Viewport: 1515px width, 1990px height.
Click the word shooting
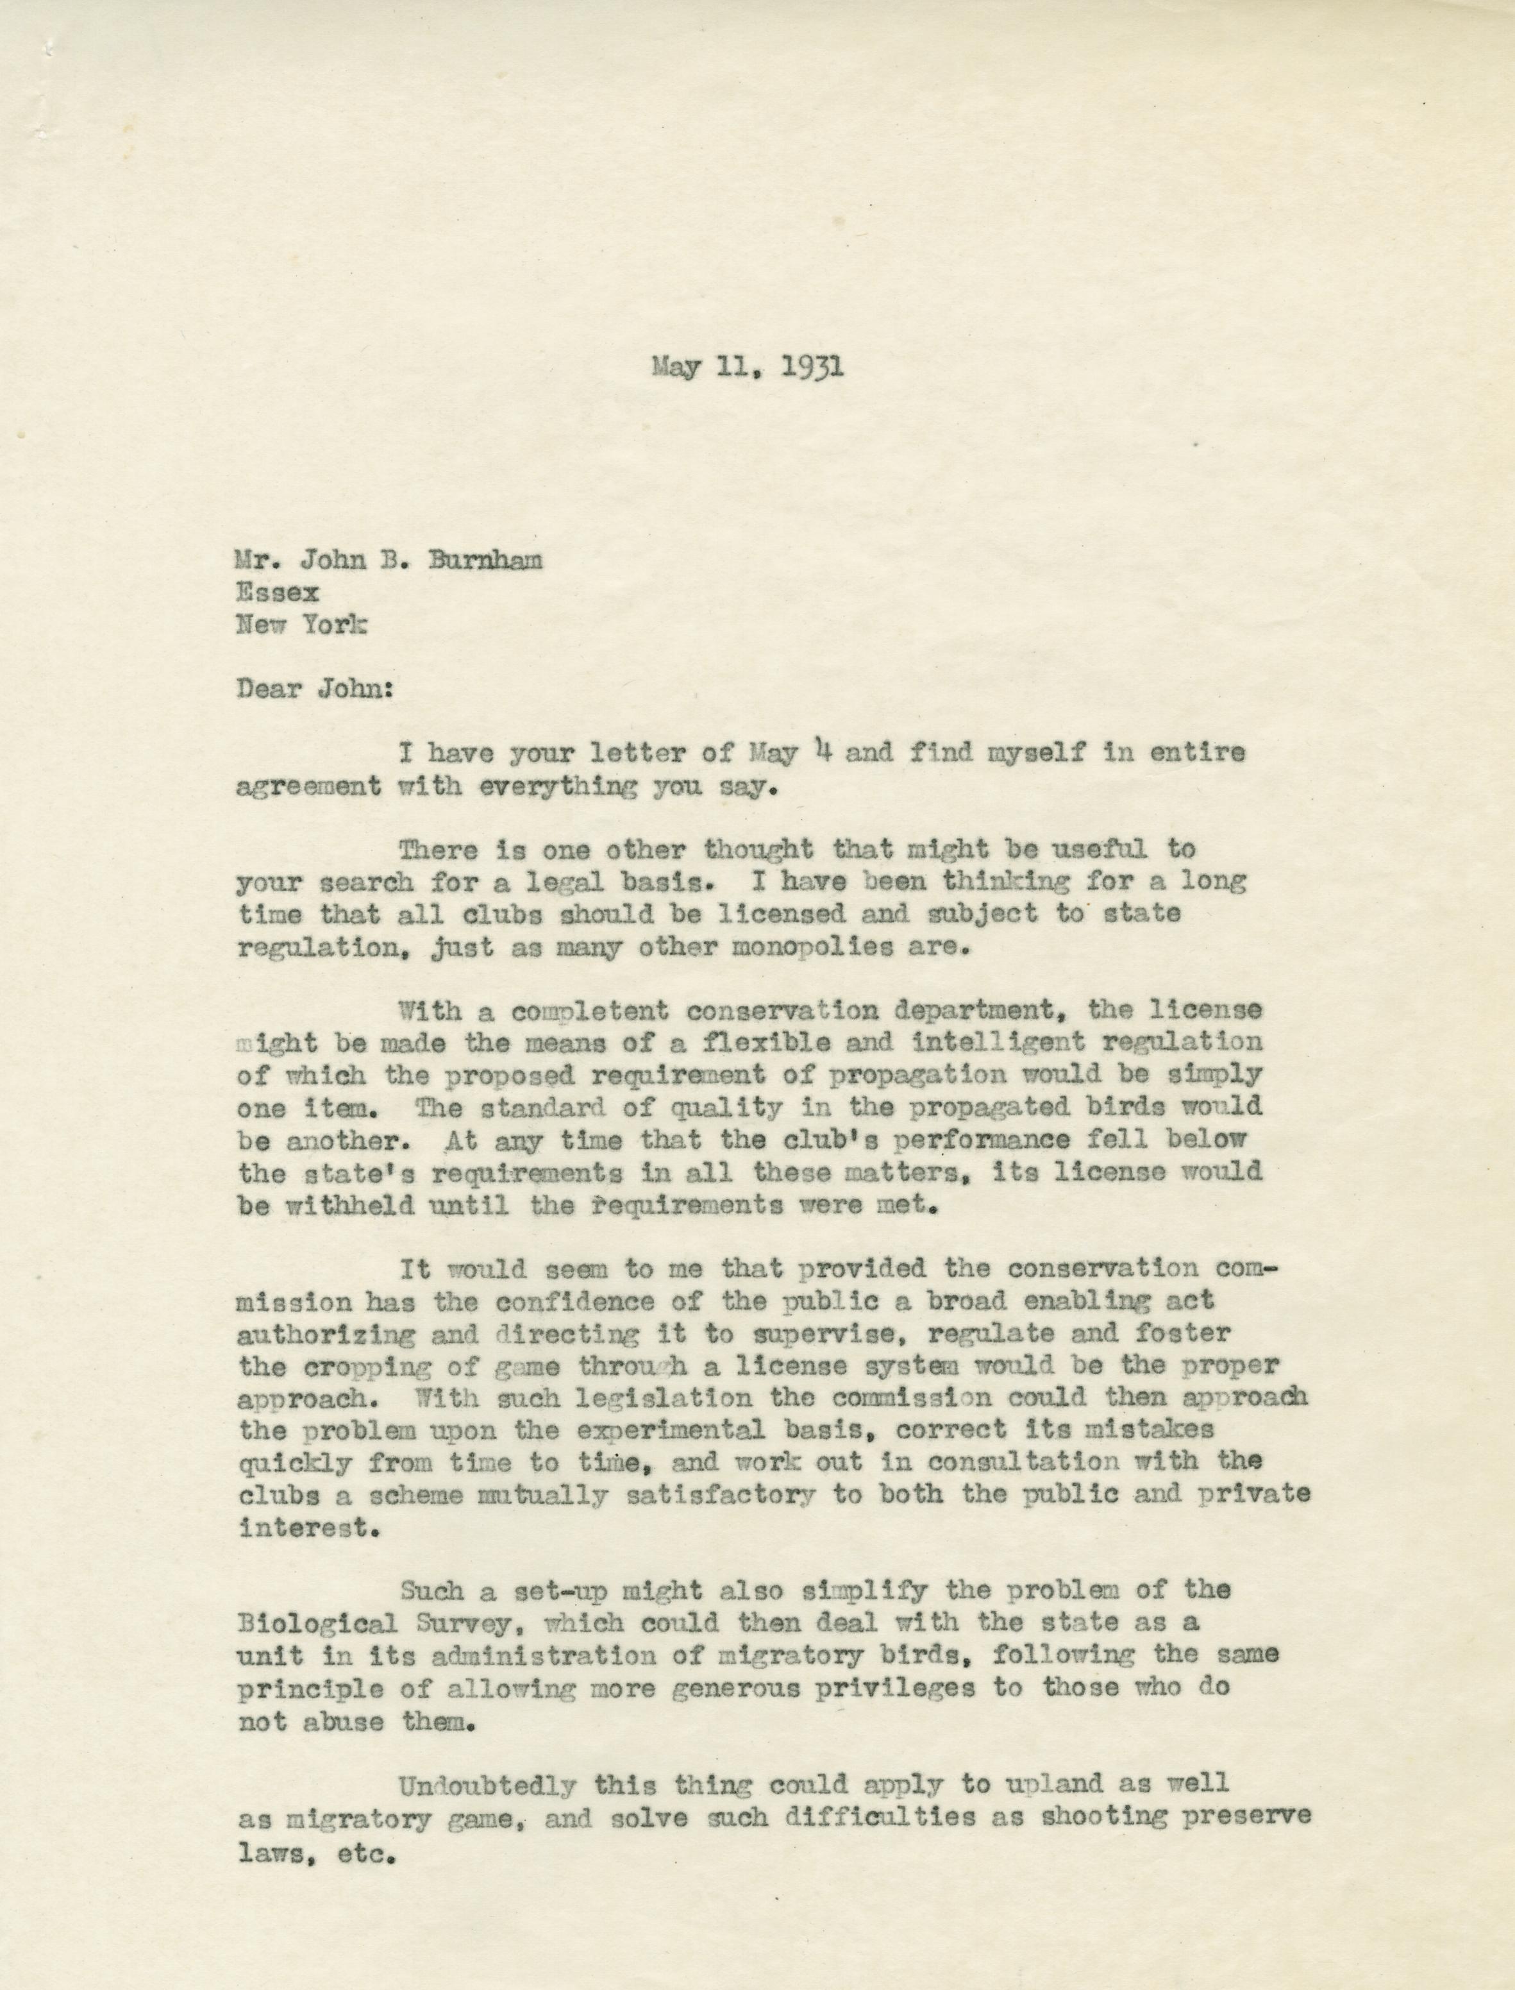pyautogui.click(x=1109, y=1816)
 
